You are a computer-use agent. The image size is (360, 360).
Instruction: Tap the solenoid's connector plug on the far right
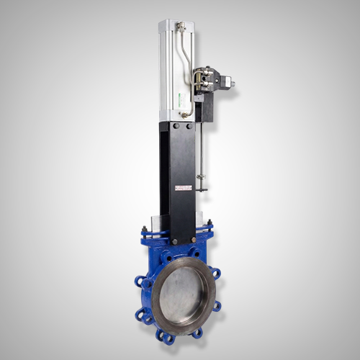[x=229, y=84]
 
